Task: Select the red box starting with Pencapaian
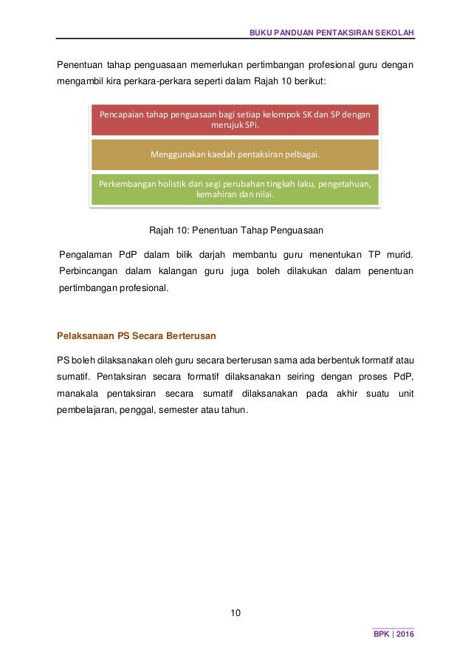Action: tap(235, 120)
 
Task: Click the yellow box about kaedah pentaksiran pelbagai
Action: tap(235, 154)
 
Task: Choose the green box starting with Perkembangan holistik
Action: tap(235, 188)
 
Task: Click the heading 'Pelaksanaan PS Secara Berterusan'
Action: tap(137, 336)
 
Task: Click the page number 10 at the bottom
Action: tap(235, 613)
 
